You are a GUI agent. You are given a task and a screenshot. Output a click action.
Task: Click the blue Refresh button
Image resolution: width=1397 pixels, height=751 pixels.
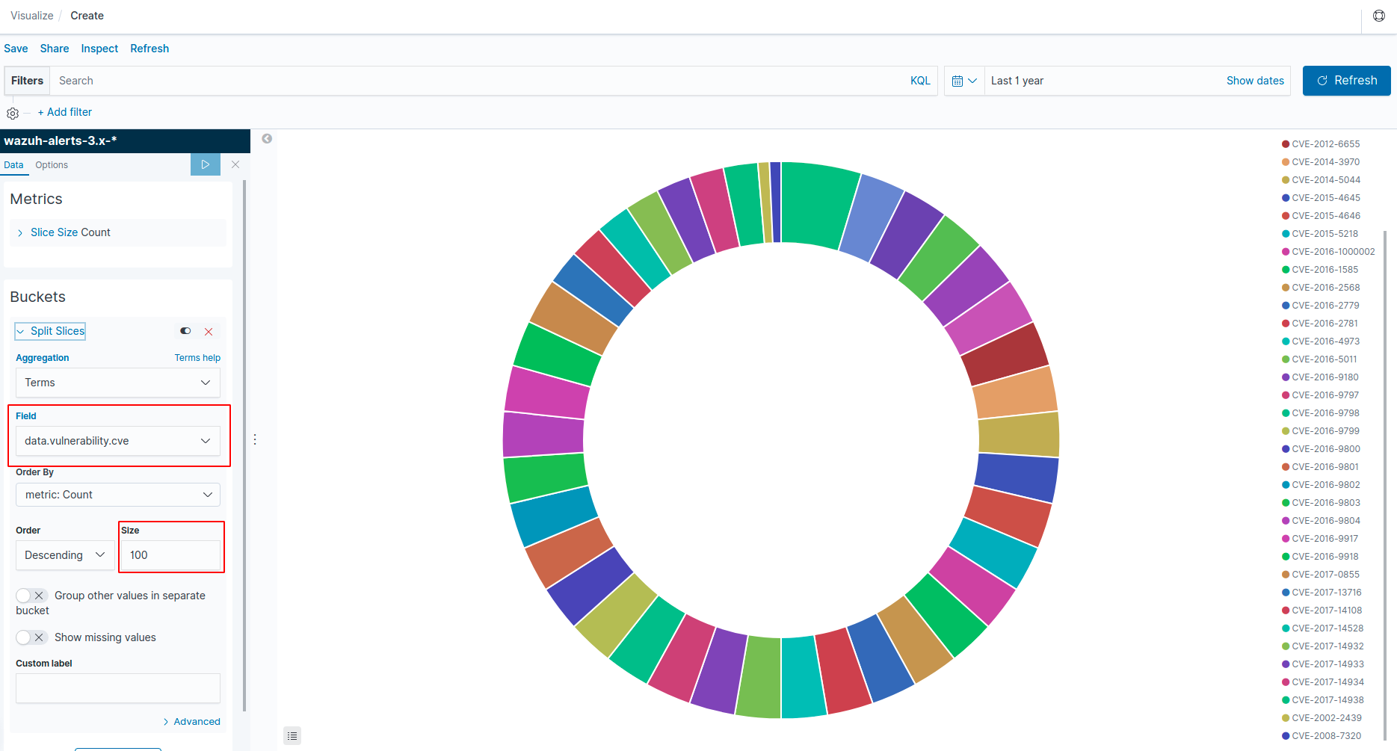pyautogui.click(x=1346, y=81)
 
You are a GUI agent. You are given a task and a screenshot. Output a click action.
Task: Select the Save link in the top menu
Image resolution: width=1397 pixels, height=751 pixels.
pyautogui.click(x=16, y=49)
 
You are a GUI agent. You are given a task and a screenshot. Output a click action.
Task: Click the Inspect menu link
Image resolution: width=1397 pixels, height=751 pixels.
pyautogui.click(x=99, y=49)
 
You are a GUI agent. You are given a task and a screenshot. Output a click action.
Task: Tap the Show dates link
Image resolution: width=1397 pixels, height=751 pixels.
pyautogui.click(x=1254, y=81)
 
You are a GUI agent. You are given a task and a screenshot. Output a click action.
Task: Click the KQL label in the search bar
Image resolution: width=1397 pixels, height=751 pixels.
pyautogui.click(x=920, y=81)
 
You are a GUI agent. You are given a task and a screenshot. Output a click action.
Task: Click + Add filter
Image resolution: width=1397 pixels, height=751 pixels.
pyautogui.click(x=65, y=112)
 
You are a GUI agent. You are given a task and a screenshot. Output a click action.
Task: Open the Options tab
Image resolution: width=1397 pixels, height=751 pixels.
pyautogui.click(x=52, y=165)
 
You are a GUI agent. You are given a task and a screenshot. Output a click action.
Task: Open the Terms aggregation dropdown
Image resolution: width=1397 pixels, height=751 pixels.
pyautogui.click(x=117, y=383)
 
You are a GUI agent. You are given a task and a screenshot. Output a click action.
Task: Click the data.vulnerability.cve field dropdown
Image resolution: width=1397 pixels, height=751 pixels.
pyautogui.click(x=117, y=441)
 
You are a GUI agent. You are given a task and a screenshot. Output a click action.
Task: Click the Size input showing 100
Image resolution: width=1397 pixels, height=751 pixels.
pyautogui.click(x=170, y=555)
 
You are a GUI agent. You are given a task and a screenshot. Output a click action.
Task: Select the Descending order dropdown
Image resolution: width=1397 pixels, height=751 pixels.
pyautogui.click(x=64, y=555)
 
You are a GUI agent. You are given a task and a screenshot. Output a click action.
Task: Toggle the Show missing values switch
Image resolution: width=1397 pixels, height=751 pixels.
pyautogui.click(x=31, y=637)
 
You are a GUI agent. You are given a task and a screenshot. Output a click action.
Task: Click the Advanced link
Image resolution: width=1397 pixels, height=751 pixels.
pyautogui.click(x=196, y=722)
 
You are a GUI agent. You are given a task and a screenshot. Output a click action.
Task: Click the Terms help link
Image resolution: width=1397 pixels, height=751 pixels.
pyautogui.click(x=197, y=358)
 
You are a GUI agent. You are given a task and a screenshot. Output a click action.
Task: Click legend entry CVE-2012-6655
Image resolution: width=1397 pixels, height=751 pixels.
pyautogui.click(x=1325, y=144)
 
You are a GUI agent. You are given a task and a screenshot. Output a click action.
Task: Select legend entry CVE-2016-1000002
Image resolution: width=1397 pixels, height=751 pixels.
pyautogui.click(x=1333, y=252)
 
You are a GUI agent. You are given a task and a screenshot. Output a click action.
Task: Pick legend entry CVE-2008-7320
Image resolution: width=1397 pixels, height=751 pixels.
pyautogui.click(x=1326, y=736)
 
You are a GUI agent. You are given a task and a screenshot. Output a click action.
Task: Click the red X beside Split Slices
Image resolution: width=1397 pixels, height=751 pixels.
pyautogui.click(x=209, y=332)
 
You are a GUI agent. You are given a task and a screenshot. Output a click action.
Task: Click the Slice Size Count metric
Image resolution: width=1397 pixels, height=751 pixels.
pyautogui.click(x=70, y=232)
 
